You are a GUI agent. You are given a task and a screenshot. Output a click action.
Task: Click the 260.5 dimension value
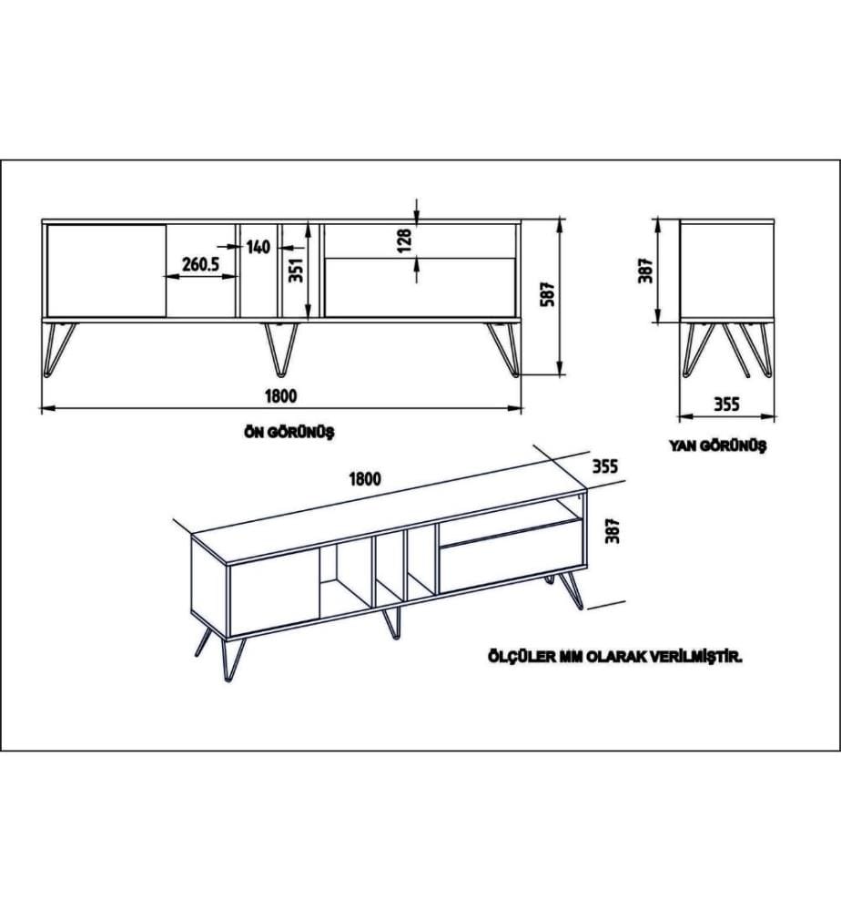pyautogui.click(x=200, y=264)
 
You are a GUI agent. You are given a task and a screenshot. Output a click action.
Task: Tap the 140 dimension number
pyautogui.click(x=258, y=247)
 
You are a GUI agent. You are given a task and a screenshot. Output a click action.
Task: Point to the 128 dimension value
pyautogui.click(x=405, y=240)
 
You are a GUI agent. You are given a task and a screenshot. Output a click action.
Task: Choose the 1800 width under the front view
pyautogui.click(x=281, y=396)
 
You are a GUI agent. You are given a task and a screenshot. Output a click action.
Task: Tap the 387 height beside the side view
pyautogui.click(x=646, y=271)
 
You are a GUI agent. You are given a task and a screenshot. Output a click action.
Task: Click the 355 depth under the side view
pyautogui.click(x=726, y=404)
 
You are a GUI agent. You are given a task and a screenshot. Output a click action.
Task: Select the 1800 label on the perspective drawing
pyautogui.click(x=365, y=479)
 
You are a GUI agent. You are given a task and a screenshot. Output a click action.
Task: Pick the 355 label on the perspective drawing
pyautogui.click(x=605, y=466)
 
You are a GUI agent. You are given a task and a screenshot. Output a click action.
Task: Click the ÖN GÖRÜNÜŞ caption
pyautogui.click(x=289, y=433)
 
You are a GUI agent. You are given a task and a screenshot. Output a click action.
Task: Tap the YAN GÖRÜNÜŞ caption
pyautogui.click(x=718, y=446)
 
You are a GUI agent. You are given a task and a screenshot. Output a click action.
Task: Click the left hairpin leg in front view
pyautogui.click(x=59, y=350)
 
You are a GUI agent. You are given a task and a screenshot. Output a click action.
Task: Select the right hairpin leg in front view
pyautogui.click(x=504, y=350)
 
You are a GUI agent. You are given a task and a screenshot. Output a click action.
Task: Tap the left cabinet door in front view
pyautogui.click(x=106, y=271)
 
